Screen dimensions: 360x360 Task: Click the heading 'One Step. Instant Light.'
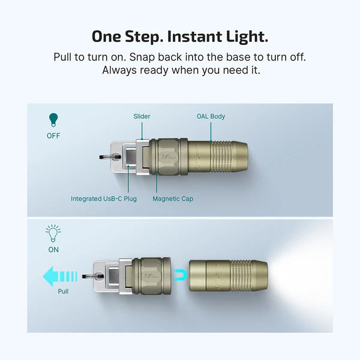[180, 36]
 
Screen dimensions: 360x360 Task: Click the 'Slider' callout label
[142, 116]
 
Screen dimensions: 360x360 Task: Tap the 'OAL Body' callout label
[211, 116]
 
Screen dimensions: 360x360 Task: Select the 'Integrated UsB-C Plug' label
[104, 199]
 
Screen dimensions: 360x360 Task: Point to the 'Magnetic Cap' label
[172, 199]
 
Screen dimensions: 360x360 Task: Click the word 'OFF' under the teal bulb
[54, 136]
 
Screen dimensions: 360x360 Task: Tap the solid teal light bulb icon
[54, 120]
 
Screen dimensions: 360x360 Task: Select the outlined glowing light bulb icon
[54, 231]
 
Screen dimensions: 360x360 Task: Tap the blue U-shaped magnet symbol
[178, 274]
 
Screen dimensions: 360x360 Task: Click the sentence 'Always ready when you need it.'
[180, 70]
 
